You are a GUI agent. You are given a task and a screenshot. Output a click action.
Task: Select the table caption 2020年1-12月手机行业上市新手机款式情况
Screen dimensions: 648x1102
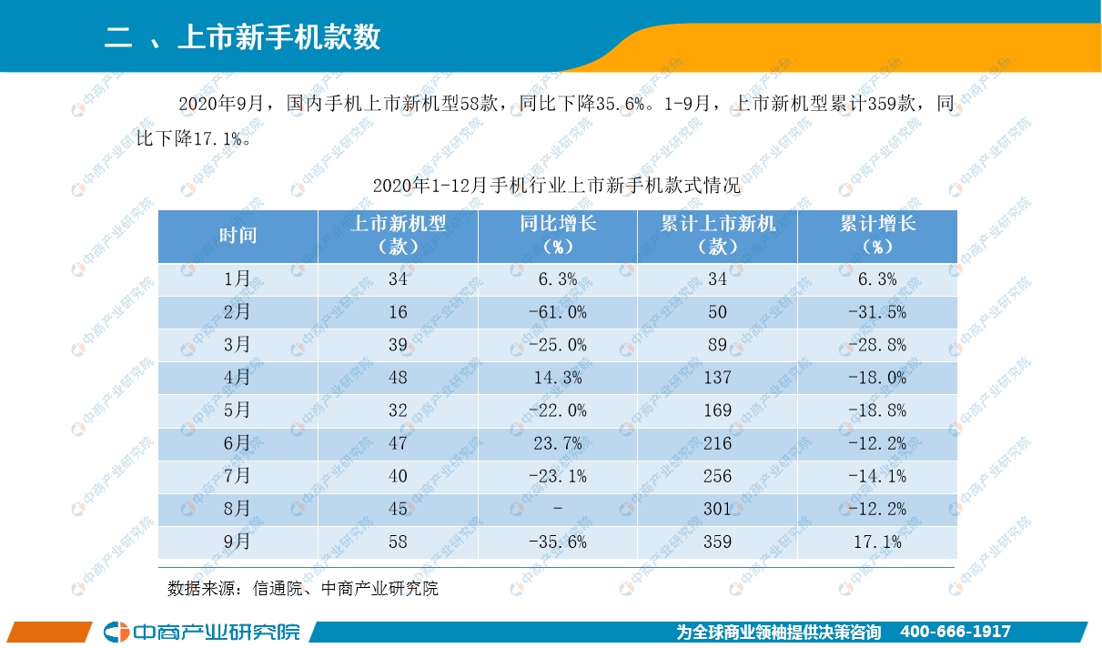(556, 186)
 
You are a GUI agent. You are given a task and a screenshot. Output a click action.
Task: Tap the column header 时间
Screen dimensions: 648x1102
(238, 236)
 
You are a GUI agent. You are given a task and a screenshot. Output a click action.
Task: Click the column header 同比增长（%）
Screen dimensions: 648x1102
(557, 236)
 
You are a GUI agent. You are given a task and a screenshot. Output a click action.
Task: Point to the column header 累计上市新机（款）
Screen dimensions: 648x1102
(717, 236)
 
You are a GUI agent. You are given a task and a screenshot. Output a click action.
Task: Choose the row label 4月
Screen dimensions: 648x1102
(238, 378)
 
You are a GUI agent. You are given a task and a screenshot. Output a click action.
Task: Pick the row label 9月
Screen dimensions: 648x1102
(238, 542)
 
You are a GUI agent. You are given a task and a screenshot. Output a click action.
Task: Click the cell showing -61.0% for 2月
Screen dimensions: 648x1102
(557, 312)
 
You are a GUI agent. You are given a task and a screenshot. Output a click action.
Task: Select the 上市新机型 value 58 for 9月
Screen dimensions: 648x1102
(398, 542)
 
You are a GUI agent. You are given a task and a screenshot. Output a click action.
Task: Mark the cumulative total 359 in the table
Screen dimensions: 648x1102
(717, 542)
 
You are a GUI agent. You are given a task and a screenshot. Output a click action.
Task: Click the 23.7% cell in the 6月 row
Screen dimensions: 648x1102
(557, 443)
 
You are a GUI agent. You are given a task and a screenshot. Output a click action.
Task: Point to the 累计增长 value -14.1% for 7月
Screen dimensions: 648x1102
(876, 476)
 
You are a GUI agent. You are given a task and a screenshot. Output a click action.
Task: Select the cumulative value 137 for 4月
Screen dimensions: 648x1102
(717, 378)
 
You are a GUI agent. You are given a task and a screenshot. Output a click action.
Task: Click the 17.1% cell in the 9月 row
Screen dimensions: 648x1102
(876, 542)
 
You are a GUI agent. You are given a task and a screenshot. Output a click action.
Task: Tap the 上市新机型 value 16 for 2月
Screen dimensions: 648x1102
(398, 312)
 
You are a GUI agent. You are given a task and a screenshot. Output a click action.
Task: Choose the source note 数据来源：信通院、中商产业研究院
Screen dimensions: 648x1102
(302, 589)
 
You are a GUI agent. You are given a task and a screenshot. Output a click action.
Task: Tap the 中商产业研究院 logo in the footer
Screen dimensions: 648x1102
(202, 632)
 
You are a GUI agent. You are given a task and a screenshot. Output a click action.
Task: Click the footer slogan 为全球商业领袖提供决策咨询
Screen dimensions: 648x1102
(779, 632)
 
